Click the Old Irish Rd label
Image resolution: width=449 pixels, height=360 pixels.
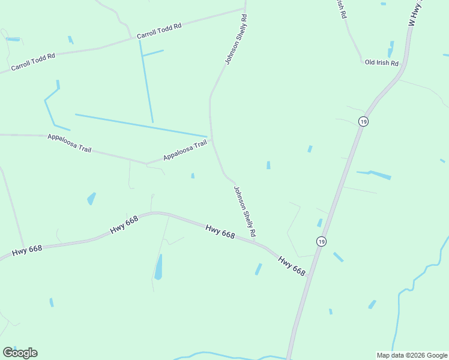pos(382,63)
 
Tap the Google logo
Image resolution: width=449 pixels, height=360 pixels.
pos(20,353)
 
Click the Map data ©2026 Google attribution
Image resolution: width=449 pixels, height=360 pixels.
pos(412,355)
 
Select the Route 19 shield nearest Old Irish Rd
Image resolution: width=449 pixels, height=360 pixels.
pos(363,121)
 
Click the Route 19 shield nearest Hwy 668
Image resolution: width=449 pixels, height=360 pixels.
pos(322,241)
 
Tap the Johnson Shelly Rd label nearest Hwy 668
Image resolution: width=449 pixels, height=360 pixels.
pos(245,211)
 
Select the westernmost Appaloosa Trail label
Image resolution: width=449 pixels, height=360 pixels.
pos(70,143)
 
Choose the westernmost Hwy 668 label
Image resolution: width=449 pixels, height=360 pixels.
pos(27,248)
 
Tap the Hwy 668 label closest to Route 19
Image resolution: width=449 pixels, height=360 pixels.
pos(292,265)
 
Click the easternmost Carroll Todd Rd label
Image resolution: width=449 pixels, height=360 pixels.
pos(159,32)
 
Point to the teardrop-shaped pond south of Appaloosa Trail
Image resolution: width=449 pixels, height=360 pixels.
pos(91,198)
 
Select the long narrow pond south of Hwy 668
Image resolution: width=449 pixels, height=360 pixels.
pos(158,267)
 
